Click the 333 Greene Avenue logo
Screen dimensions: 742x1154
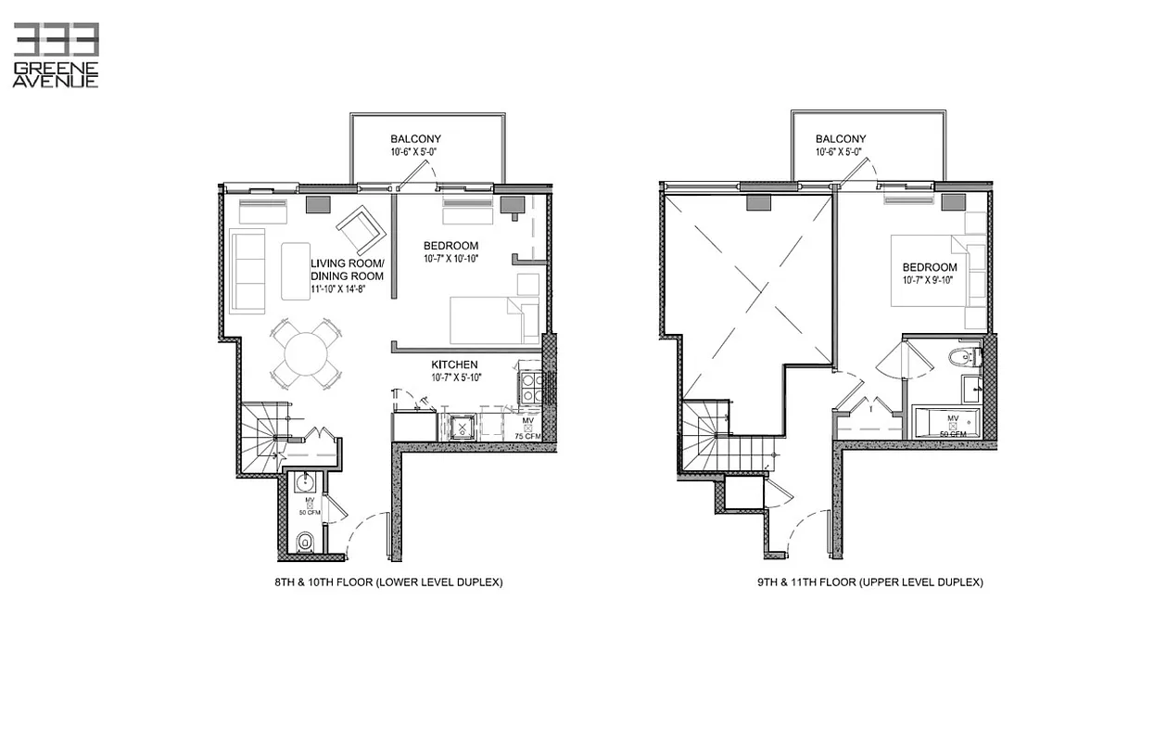(x=56, y=56)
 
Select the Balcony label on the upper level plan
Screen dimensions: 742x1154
(x=841, y=139)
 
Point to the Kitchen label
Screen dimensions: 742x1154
(x=454, y=365)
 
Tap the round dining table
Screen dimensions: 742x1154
(x=305, y=353)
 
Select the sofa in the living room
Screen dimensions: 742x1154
(x=247, y=270)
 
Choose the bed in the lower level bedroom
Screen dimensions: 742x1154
(x=491, y=320)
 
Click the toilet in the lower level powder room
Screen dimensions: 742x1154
(x=303, y=542)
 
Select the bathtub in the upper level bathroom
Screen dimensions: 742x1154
(x=946, y=422)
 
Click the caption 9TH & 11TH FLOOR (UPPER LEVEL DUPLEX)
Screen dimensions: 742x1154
(x=869, y=582)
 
